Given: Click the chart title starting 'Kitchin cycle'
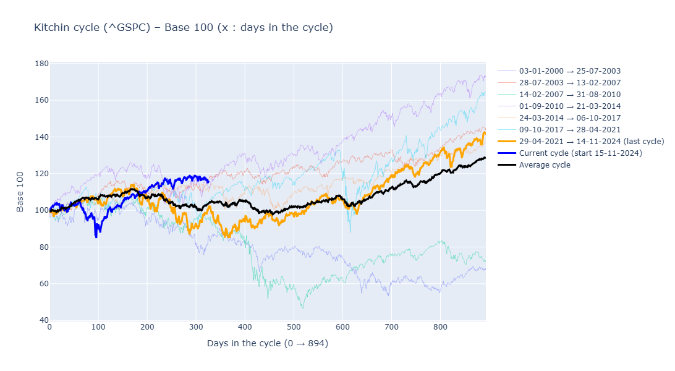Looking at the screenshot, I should coord(184,27).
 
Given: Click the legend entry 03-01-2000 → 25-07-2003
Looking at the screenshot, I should coord(569,71).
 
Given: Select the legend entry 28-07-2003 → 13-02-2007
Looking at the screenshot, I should coord(569,83).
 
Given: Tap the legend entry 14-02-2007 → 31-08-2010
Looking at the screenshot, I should coord(569,95).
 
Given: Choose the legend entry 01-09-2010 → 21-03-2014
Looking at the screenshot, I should coord(569,106).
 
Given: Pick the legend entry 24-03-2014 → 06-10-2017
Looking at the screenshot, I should coord(569,118).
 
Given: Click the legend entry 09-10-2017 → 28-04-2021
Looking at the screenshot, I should coord(569,130).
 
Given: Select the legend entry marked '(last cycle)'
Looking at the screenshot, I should coord(591,142).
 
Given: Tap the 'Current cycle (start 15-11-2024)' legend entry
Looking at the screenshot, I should coord(580,153).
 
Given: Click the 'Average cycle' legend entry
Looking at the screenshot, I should coord(545,164).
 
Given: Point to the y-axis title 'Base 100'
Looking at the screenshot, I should coord(20,192).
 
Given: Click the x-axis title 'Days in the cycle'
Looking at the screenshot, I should coord(267,343).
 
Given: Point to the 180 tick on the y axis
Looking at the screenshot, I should coord(42,64).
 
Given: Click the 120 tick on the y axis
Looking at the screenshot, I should coord(42,174).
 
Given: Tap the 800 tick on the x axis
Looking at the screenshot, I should coord(439,328).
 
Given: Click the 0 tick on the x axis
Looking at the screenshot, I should coord(49,328).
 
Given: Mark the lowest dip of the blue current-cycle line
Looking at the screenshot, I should coord(96,237).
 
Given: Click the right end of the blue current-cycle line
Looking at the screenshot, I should coord(208,181).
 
